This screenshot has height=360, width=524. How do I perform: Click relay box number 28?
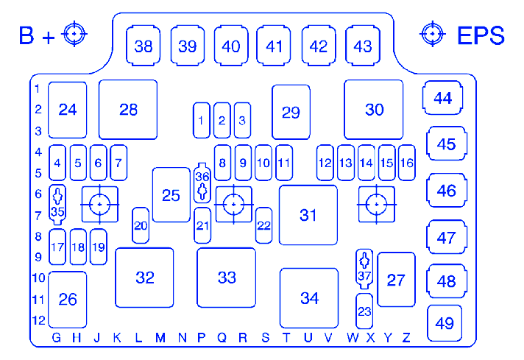[x=128, y=110]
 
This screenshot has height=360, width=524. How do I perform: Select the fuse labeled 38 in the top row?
[x=144, y=46]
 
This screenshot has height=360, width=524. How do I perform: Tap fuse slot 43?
[x=362, y=46]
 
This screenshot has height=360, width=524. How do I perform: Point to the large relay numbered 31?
[x=308, y=215]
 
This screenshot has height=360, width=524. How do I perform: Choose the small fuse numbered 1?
[x=201, y=120]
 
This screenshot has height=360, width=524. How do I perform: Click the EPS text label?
[x=481, y=35]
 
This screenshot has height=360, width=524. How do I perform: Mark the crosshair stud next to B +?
[x=75, y=35]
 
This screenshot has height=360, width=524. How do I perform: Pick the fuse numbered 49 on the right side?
[x=445, y=322]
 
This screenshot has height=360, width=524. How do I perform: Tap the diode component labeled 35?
[x=57, y=203]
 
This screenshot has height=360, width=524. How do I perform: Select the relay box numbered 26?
[x=67, y=300]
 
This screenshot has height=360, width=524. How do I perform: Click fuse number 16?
[x=406, y=163]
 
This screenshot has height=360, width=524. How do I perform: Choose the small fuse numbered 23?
[x=364, y=311]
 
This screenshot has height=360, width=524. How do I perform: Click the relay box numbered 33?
[x=226, y=278]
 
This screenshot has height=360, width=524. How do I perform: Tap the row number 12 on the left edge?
[x=39, y=321]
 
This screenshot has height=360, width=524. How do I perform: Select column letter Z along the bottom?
[x=406, y=338]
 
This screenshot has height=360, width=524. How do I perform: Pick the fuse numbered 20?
[x=141, y=226]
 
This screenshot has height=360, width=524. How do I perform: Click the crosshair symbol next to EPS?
[x=432, y=34]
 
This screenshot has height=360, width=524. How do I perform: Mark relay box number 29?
[x=291, y=112]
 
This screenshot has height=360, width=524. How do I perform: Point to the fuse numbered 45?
[x=446, y=144]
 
